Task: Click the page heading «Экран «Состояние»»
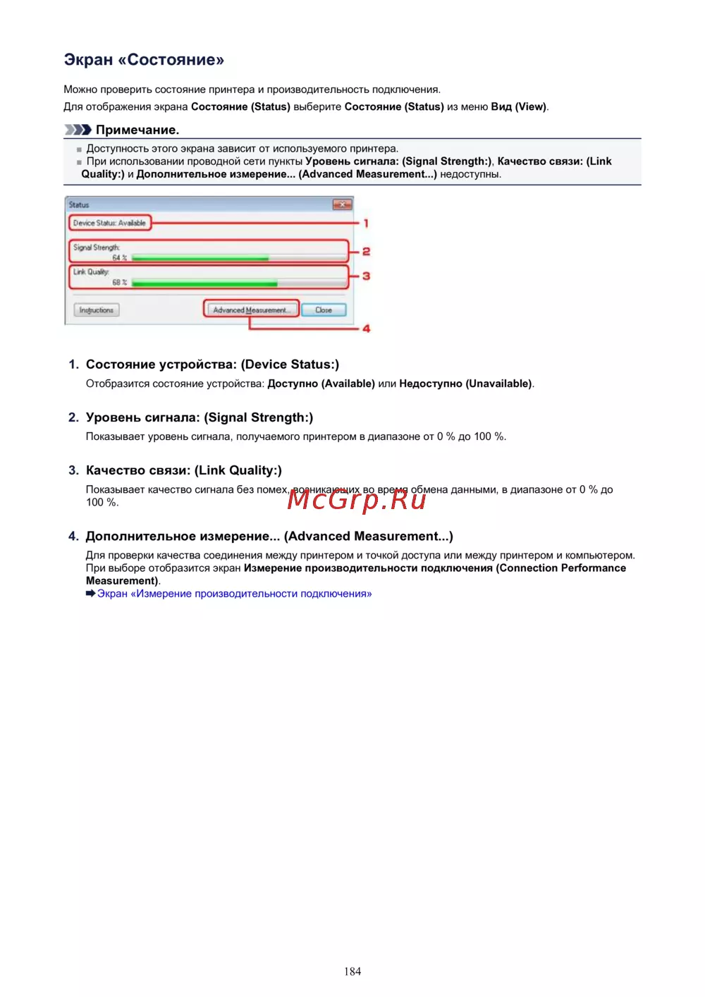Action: coord(144,60)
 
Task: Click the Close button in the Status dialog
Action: coord(324,310)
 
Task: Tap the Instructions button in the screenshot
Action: coord(97,310)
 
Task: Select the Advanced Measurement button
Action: coord(251,310)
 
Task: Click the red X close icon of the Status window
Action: coord(342,204)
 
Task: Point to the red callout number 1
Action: coord(366,224)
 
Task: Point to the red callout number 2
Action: coord(366,252)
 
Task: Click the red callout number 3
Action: coord(366,276)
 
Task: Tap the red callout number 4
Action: coord(366,329)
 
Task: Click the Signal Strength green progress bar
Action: coord(200,259)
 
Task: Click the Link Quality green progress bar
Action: coord(204,283)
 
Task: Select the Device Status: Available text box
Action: coord(109,224)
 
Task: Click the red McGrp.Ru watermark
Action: coord(357,500)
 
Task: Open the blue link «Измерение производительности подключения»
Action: coord(234,594)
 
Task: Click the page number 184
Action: coord(352,972)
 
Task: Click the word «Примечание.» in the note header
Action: coord(137,130)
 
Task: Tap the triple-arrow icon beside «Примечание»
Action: coord(78,130)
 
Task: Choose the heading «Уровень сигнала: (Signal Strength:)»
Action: coord(200,417)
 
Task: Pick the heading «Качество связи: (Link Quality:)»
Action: coord(183,470)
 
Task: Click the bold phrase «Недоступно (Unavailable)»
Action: coord(465,384)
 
